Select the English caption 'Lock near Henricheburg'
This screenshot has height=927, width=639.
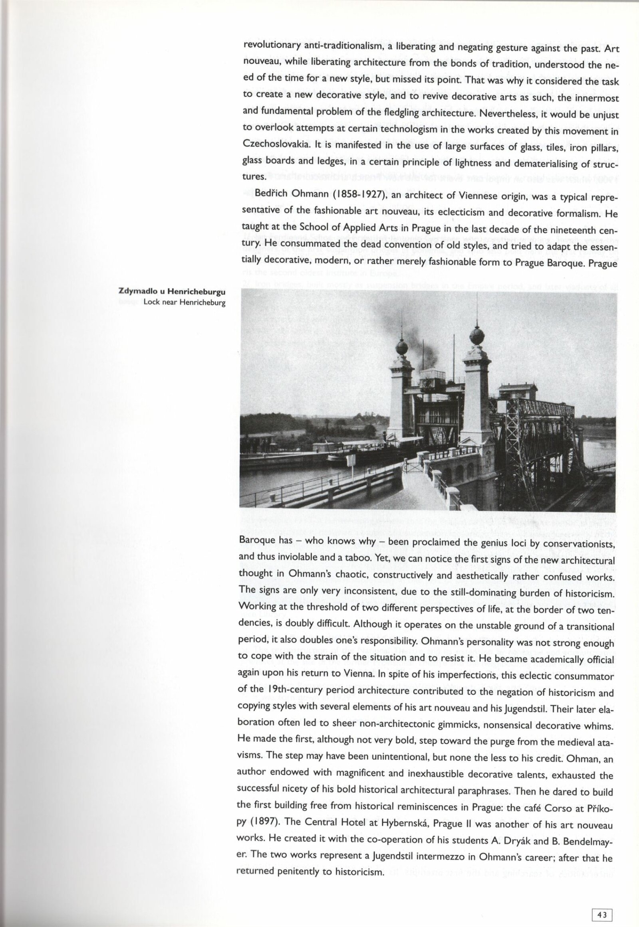pos(184,302)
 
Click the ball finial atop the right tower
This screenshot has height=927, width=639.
pos(476,335)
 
